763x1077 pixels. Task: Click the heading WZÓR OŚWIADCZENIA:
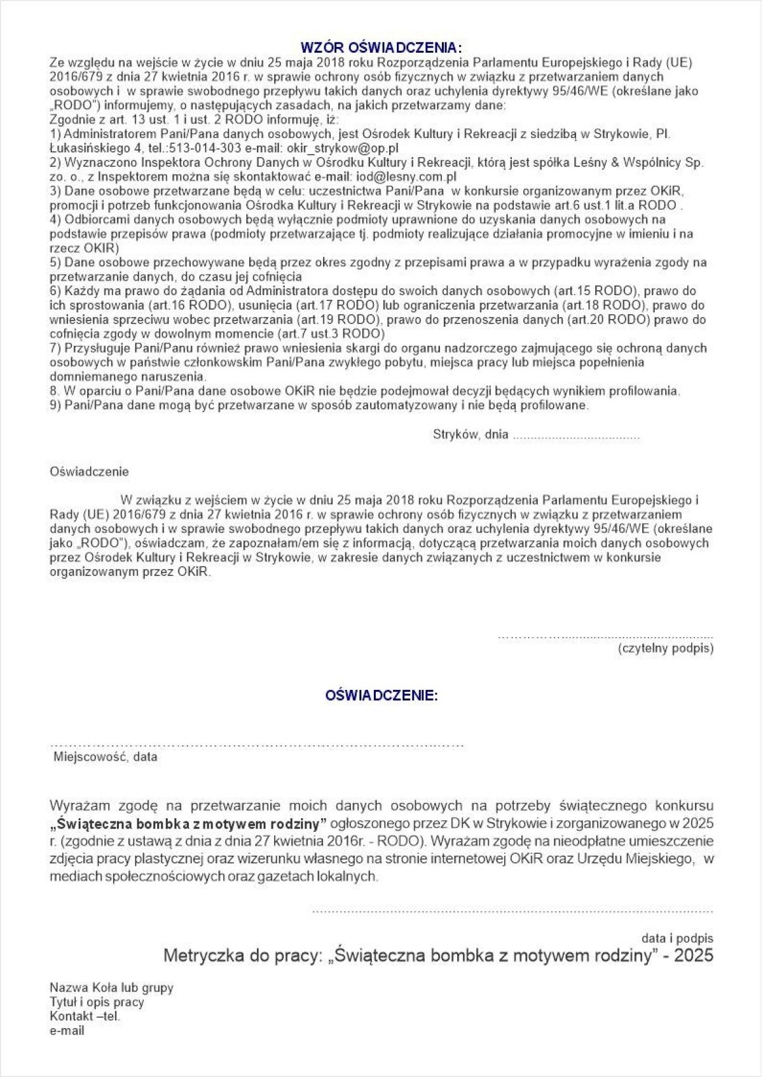381,48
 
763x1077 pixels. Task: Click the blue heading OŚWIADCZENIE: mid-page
381,696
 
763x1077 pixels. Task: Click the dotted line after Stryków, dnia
575,436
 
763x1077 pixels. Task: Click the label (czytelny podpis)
665,648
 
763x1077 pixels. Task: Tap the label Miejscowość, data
105,757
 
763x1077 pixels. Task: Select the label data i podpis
677,938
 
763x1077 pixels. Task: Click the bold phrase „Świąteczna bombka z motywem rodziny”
188,824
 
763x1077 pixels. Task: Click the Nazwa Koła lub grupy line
111,988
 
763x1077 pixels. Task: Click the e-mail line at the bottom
67,1031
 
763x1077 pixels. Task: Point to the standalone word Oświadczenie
89,472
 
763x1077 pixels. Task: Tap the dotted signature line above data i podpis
512,911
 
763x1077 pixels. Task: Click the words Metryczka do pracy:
244,956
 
